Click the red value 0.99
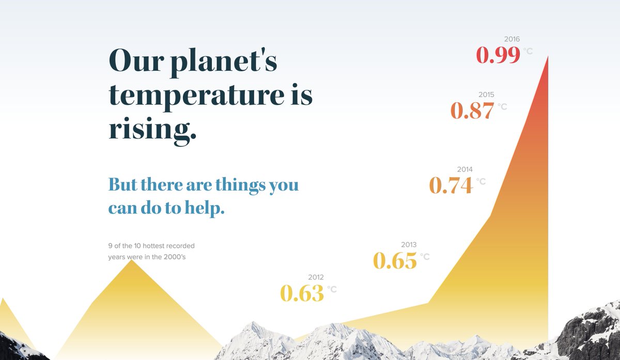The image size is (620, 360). pyautogui.click(x=498, y=55)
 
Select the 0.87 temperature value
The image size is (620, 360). pyautogui.click(x=472, y=111)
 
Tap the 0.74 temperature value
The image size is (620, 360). pyautogui.click(x=451, y=185)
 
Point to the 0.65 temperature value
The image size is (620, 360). pyautogui.click(x=395, y=261)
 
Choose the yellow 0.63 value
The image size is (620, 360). pyautogui.click(x=302, y=293)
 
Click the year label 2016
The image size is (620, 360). pyautogui.click(x=512, y=39)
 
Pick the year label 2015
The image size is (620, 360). pyautogui.click(x=486, y=95)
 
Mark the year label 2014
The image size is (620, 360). pyautogui.click(x=464, y=169)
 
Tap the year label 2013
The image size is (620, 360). pyautogui.click(x=409, y=244)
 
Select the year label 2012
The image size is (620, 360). pyautogui.click(x=316, y=277)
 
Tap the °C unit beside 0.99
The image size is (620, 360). pyautogui.click(x=528, y=51)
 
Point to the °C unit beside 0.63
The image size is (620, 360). pyautogui.click(x=332, y=289)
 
